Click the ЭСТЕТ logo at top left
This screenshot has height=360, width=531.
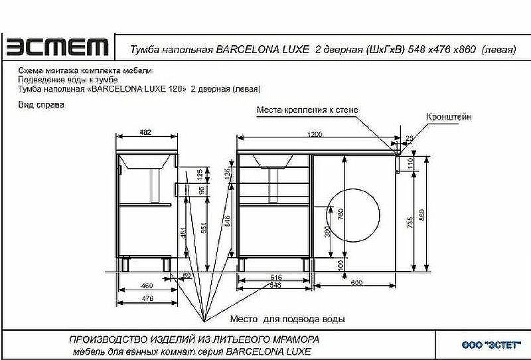pos(57,48)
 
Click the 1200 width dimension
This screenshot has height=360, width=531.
pos(315,135)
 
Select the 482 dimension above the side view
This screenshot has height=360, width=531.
pos(145,133)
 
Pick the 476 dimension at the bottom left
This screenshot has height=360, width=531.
pos(147,299)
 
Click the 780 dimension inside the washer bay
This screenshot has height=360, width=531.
pos(341,214)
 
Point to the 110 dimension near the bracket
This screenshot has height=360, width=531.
pos(410,161)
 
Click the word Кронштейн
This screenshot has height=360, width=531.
pos(449,117)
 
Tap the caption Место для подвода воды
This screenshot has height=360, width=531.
pos(287,319)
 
